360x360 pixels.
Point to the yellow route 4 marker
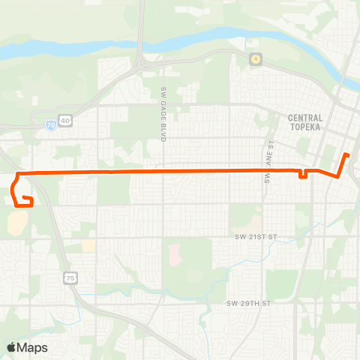(x=255, y=58)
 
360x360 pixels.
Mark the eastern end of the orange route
(x=347, y=155)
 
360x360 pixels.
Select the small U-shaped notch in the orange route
(x=302, y=176)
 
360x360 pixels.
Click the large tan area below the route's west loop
(x=18, y=221)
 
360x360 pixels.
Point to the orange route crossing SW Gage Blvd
(x=162, y=172)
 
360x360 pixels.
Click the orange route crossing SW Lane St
(x=265, y=171)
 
